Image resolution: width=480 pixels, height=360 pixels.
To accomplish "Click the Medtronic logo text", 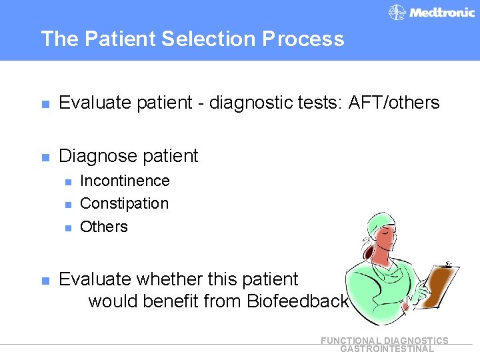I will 441,13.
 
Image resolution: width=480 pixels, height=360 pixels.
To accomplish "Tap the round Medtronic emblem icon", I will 397,13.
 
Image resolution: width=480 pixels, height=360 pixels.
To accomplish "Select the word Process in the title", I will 303,39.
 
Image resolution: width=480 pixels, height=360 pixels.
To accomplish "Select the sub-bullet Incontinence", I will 125,181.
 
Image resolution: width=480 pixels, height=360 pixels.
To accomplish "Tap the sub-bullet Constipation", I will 124,203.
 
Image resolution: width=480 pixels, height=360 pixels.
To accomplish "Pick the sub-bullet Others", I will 103,227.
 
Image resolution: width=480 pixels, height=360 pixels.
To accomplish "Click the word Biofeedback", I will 298,301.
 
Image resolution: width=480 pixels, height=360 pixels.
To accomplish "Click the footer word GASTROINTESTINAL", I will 387,349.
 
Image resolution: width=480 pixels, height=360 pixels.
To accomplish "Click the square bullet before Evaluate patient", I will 45,104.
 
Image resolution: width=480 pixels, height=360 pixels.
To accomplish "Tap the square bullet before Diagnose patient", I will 45,157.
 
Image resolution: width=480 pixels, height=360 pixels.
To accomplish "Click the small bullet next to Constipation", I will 67,205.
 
